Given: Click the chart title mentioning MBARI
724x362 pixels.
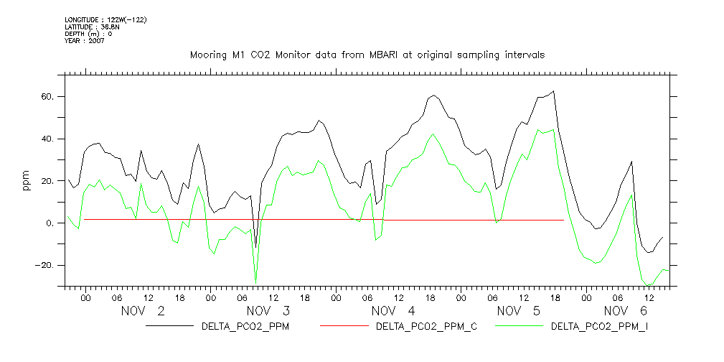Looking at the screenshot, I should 367,55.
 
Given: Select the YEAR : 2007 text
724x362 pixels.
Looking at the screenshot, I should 85,41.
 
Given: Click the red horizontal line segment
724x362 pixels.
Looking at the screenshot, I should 474,220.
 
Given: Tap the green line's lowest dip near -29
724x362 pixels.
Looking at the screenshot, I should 255,283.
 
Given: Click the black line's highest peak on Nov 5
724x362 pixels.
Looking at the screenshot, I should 553,91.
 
